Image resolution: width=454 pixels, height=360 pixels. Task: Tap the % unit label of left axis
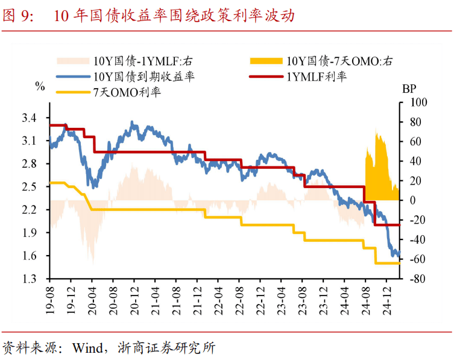[40, 86]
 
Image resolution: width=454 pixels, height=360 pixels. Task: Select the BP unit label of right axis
[409, 89]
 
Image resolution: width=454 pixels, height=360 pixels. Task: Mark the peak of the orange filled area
[376, 129]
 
